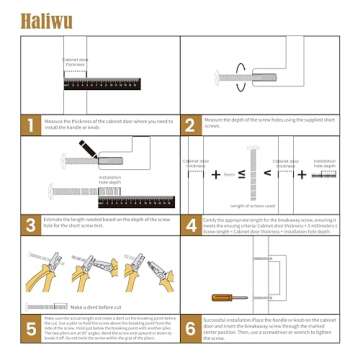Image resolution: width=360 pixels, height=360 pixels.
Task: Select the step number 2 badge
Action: pyautogui.click(x=190, y=124)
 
